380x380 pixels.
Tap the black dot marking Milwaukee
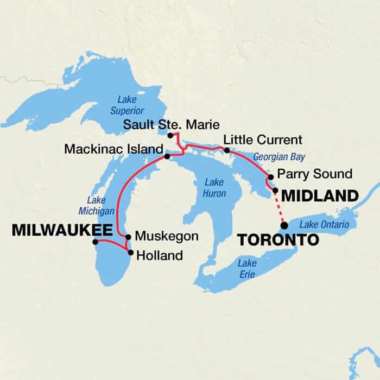point(95,242)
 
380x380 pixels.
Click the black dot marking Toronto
point(283,225)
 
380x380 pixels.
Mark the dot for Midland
point(275,191)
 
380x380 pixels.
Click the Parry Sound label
point(314,174)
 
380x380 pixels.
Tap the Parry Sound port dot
point(270,177)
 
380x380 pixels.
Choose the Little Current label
point(263,140)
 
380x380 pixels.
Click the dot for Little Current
point(227,149)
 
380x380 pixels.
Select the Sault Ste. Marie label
point(170,124)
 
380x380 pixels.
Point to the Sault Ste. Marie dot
point(170,135)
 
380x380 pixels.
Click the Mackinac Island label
point(113,149)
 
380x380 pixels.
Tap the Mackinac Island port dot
point(167,157)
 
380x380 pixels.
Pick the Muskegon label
point(167,237)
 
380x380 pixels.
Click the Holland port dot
point(130,252)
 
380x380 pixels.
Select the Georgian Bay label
point(278,157)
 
